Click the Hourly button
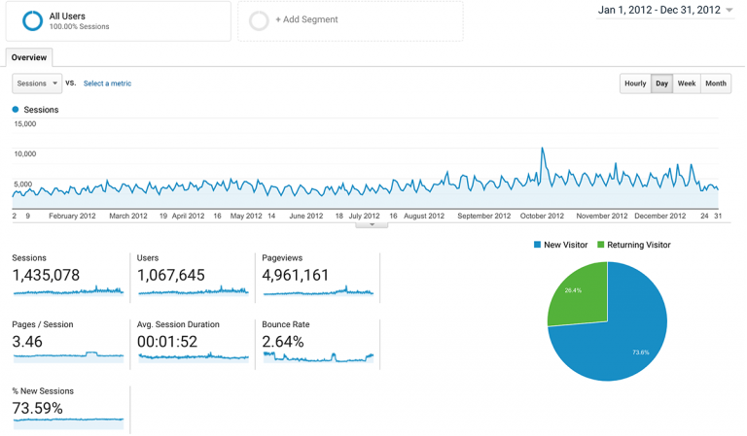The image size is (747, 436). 635,84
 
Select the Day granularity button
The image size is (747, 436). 661,84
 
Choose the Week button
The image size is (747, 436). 687,84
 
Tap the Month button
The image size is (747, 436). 716,84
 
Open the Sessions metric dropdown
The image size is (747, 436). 37,84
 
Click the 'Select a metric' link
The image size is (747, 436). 107,84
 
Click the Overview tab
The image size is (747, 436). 29,57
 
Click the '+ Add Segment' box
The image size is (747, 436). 350,20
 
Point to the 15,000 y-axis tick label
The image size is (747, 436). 24,123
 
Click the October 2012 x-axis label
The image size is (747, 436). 542,216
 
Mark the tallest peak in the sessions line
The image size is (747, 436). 542,149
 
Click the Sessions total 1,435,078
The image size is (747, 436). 46,276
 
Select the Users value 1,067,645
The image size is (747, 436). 171,276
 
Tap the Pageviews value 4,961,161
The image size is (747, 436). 296,276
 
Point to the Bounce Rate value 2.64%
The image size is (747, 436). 283,342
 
